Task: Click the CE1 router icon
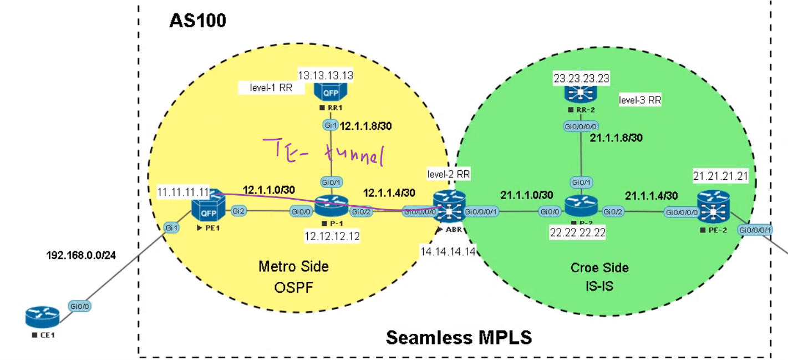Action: click(x=42, y=317)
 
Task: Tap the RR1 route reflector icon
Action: click(x=331, y=90)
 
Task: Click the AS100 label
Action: click(x=197, y=21)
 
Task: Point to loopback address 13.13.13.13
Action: click(x=326, y=75)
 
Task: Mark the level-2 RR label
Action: click(x=449, y=175)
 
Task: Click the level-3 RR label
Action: click(x=640, y=100)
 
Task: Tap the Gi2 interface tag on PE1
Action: click(x=238, y=211)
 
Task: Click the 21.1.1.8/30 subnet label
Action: click(x=616, y=138)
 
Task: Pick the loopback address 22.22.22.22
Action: click(x=577, y=232)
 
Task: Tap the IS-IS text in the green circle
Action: click(x=599, y=286)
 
